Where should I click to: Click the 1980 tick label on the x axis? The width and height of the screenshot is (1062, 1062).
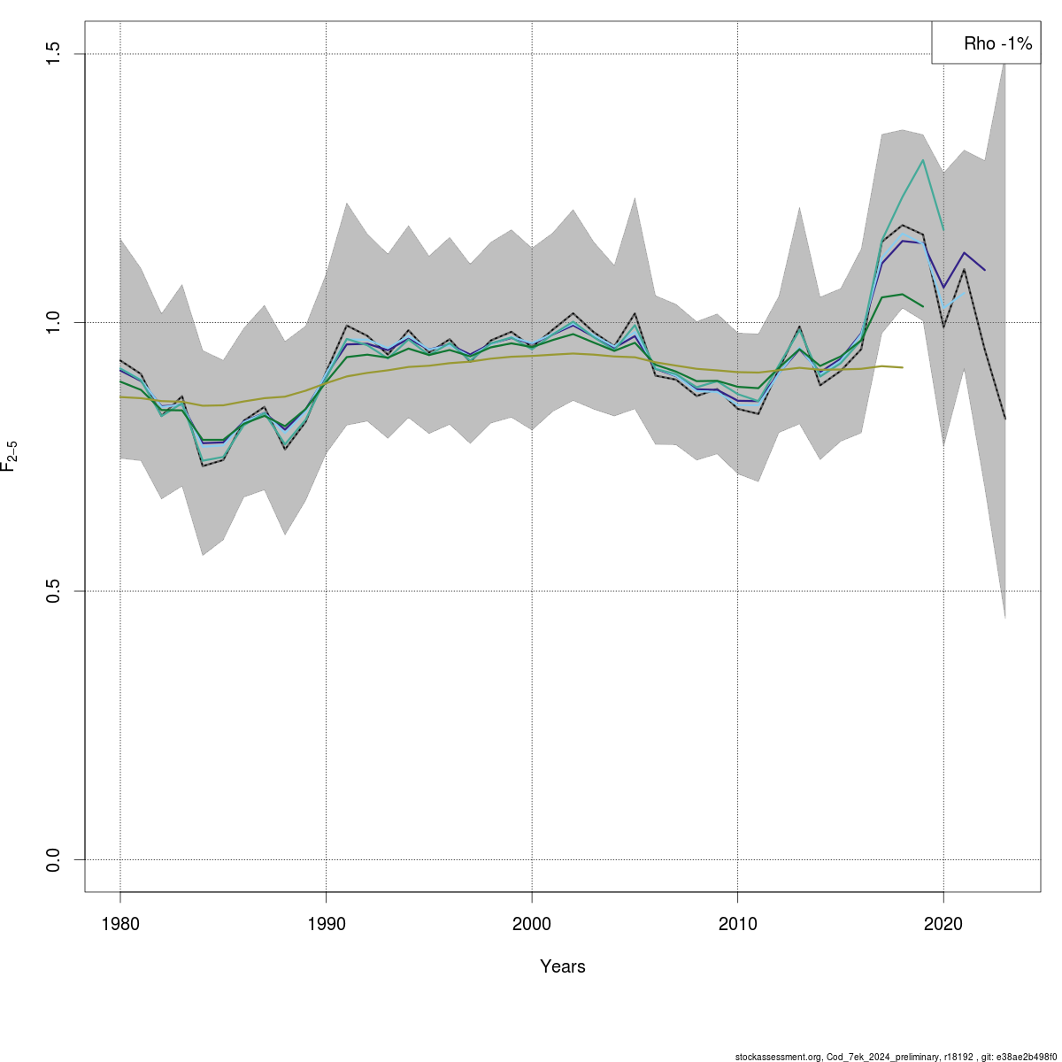pos(120,924)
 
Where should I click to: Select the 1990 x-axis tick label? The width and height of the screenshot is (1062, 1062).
pos(327,924)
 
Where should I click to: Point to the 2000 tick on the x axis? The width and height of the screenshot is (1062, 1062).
pos(532,924)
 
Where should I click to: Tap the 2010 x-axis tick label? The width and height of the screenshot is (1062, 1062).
pos(738,924)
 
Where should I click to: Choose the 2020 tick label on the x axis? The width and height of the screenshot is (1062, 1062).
pos(943,924)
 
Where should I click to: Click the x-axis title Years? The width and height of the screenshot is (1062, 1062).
pos(563,966)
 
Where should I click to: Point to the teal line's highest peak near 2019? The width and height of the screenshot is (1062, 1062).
pos(923,160)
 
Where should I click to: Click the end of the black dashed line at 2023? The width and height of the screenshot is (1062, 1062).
pos(1005,419)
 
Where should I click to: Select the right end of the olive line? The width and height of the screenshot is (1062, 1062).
pos(902,367)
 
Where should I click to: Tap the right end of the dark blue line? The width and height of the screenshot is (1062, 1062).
pos(985,270)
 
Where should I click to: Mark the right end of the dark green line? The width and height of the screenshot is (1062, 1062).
pos(923,306)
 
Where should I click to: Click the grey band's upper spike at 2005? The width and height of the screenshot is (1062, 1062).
pos(635,198)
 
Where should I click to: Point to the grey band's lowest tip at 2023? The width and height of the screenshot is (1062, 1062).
pos(1005,617)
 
